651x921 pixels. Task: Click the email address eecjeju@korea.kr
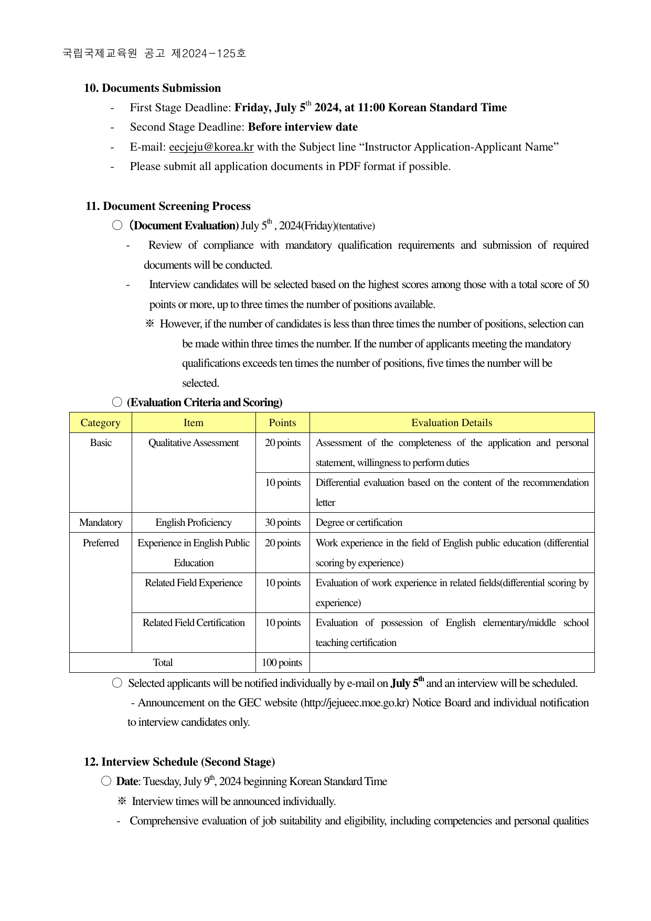pyautogui.click(x=211, y=147)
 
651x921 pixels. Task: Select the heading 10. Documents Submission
pyautogui.click(x=152, y=88)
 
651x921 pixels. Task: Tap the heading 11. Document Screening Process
pyautogui.click(x=168, y=206)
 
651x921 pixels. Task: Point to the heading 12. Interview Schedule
pyautogui.click(x=179, y=762)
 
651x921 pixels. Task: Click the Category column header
pyautogui.click(x=100, y=422)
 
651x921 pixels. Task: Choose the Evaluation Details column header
pyautogui.click(x=451, y=422)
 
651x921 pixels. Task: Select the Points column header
pyautogui.click(x=282, y=422)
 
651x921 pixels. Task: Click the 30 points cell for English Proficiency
pyautogui.click(x=282, y=523)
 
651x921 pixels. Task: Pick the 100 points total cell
pyautogui.click(x=282, y=663)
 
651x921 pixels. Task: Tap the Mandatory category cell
pyautogui.click(x=100, y=523)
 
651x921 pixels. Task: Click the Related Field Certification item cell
pyautogui.click(x=194, y=623)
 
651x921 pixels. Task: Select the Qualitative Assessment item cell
pyautogui.click(x=194, y=443)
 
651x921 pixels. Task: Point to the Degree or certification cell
pyautogui.click(x=359, y=523)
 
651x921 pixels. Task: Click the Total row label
pyautogui.click(x=163, y=663)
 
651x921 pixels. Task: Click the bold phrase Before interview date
pyautogui.click(x=303, y=127)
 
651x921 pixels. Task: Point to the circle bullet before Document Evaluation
pyautogui.click(x=117, y=225)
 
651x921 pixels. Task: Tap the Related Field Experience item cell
pyautogui.click(x=194, y=583)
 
